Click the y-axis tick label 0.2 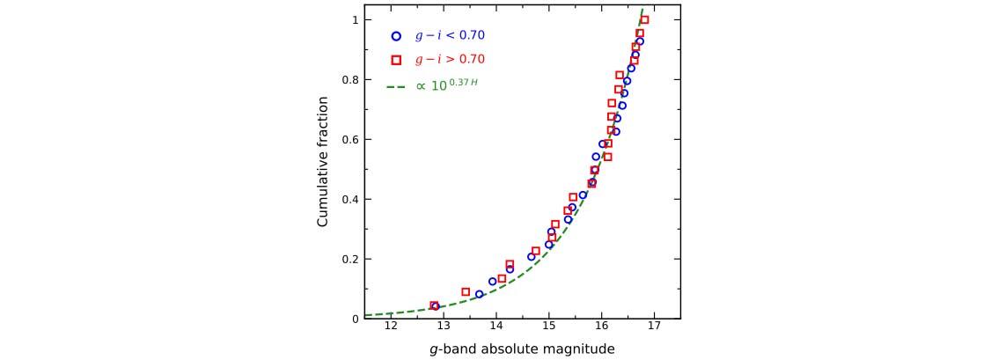pos(349,259)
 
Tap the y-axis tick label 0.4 pos(349,199)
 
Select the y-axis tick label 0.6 pos(349,139)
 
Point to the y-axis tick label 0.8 pos(349,79)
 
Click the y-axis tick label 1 pos(355,19)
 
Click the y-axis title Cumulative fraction pos(323,169)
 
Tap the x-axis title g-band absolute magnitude pos(522,349)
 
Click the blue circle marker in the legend pos(396,36)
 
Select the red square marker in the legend pos(396,60)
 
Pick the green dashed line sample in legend pos(395,86)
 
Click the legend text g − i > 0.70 pos(450,60)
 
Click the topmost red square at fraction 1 pos(644,19)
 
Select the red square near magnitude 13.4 pos(466,291)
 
